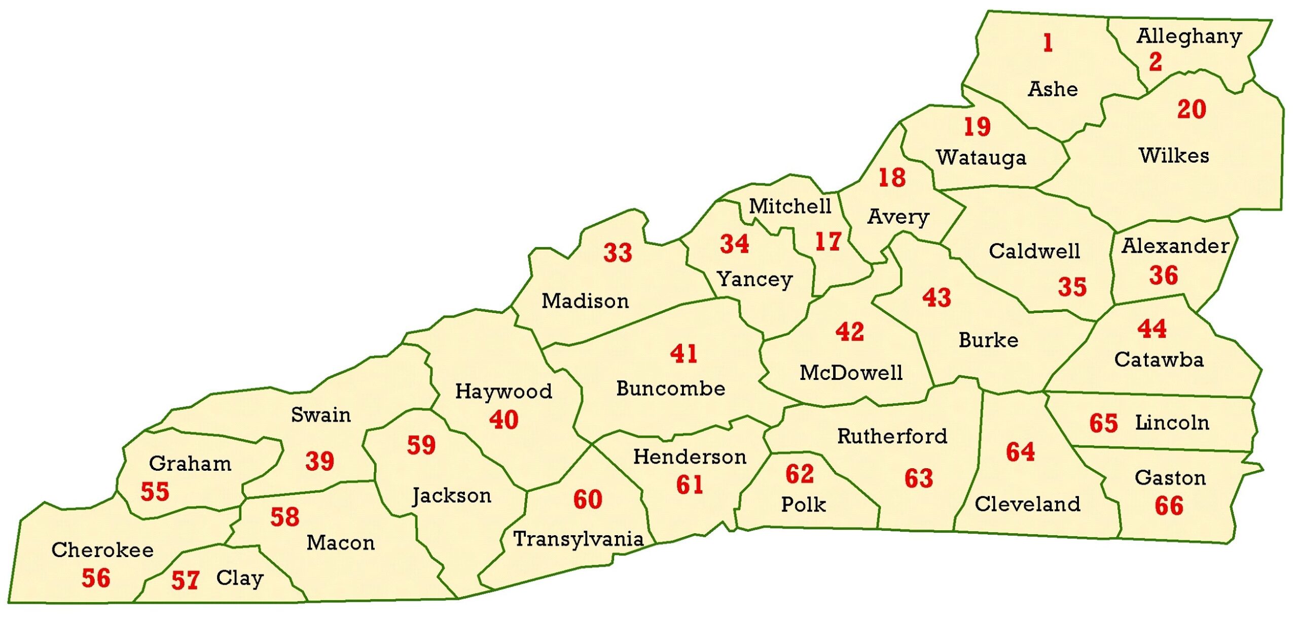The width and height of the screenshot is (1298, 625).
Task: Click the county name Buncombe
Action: click(x=670, y=389)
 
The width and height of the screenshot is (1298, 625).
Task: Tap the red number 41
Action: click(x=683, y=354)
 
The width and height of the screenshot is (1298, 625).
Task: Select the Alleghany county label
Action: click(x=1189, y=37)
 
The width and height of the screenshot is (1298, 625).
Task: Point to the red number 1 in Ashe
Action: click(x=1048, y=43)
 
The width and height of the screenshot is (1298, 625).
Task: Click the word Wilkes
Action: click(x=1174, y=155)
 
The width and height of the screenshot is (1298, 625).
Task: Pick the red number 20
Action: click(x=1192, y=110)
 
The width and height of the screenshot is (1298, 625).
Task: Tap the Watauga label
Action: click(x=981, y=158)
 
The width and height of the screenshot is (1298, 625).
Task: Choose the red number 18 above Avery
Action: click(x=892, y=178)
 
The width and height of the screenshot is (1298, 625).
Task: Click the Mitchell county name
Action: click(x=790, y=206)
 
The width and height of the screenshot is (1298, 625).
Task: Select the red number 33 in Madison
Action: click(x=618, y=253)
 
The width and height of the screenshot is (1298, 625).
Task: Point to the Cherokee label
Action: click(x=102, y=550)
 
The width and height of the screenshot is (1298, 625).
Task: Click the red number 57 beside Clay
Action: click(x=185, y=580)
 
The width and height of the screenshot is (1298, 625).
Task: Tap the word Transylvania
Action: click(x=579, y=539)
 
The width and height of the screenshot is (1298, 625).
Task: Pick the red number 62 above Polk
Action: click(x=800, y=474)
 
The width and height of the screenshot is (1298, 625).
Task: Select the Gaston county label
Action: click(x=1170, y=478)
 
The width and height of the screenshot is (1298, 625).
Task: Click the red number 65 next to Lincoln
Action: click(x=1103, y=424)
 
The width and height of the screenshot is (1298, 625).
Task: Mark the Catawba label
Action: click(x=1159, y=360)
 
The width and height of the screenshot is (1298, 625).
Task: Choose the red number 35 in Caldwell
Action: click(x=1072, y=287)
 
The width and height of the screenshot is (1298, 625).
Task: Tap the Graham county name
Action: click(x=190, y=464)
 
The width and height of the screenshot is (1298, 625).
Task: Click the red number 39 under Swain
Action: click(x=319, y=461)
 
